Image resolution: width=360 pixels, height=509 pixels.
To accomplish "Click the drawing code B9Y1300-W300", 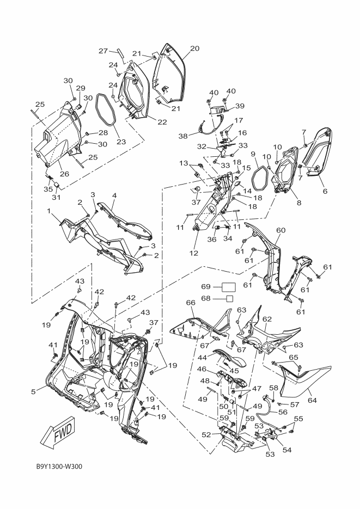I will [x=56, y=466].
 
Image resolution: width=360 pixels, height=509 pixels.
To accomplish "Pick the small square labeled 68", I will [x=230, y=298].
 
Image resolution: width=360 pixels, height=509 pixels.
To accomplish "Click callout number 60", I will [x=280, y=230].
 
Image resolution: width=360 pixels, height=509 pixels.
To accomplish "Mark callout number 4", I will [x=114, y=195].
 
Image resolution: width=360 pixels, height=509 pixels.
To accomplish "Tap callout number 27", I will [x=103, y=51].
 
